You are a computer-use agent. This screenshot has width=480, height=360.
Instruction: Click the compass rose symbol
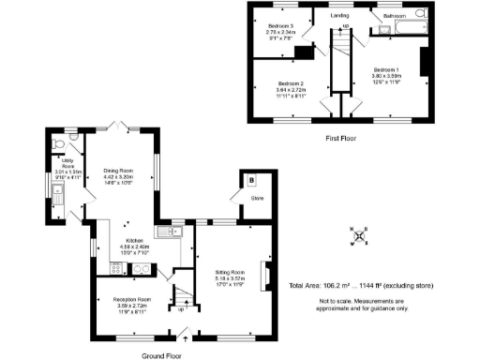358,235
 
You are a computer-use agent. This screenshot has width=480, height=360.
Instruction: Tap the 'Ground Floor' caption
161,355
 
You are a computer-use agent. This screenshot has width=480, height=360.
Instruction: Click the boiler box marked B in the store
251,180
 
